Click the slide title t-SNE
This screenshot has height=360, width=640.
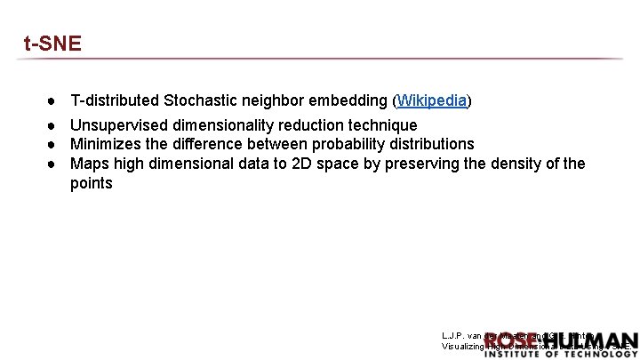point(52,44)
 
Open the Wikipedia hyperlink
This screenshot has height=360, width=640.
point(432,100)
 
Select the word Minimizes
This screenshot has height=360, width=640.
point(107,144)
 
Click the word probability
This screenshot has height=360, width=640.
point(341,144)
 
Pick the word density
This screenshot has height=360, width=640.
point(510,164)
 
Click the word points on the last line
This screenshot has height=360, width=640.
point(92,183)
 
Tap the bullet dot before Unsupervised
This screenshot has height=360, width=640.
point(53,125)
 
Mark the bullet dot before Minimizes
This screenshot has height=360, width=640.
point(53,144)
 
